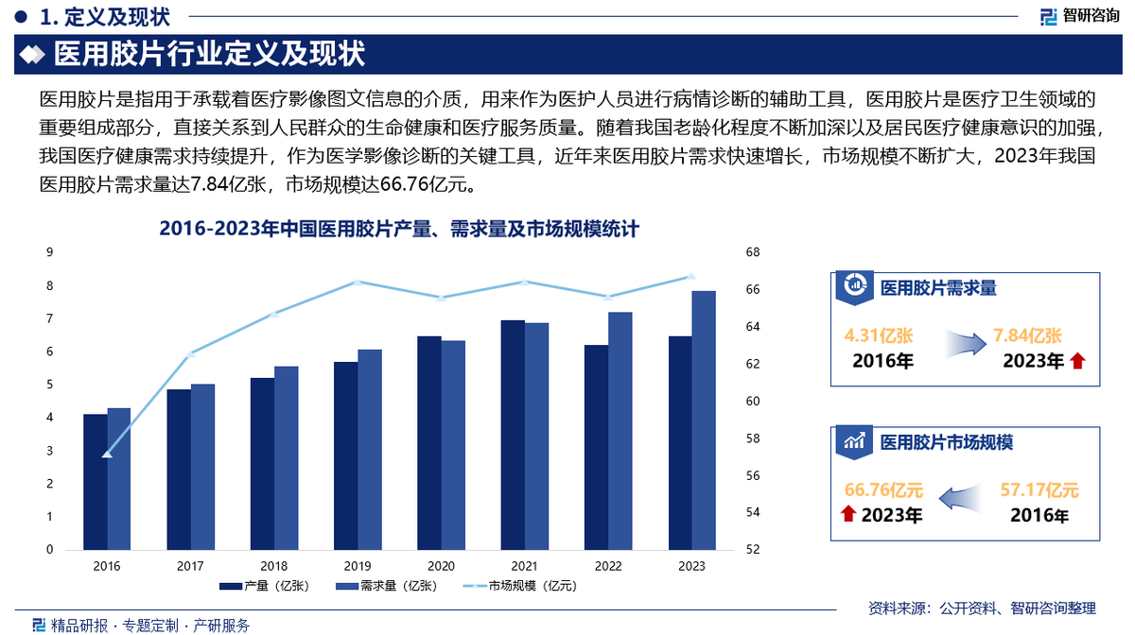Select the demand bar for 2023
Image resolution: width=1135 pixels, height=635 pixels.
point(704,420)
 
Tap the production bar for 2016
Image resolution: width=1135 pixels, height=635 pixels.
point(95,482)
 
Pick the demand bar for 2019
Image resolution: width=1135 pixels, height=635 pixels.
point(370,450)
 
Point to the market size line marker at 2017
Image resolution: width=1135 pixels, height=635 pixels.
point(190,354)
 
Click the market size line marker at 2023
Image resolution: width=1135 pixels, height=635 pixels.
point(691,276)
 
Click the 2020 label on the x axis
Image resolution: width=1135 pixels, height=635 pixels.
point(441,566)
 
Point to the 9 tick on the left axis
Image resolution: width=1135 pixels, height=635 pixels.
point(49,252)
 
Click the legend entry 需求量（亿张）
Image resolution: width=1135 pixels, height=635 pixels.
point(385,586)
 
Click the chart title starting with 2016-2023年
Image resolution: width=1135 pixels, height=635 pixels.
point(400,229)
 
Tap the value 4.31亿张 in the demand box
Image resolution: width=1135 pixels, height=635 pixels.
point(878,335)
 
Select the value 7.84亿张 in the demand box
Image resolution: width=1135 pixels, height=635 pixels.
point(1027,335)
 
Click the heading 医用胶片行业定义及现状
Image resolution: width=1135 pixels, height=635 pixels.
point(210,54)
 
